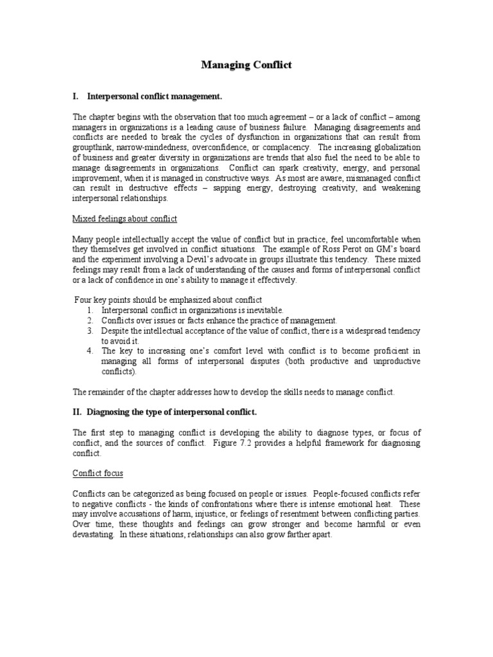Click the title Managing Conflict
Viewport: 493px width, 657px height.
click(246, 65)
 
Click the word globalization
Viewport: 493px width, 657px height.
click(391, 147)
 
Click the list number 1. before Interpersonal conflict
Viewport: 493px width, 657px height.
click(91, 311)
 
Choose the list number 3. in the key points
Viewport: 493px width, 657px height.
click(91, 330)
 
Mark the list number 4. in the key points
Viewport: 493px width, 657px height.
click(91, 351)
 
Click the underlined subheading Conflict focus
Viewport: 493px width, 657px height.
click(98, 474)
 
